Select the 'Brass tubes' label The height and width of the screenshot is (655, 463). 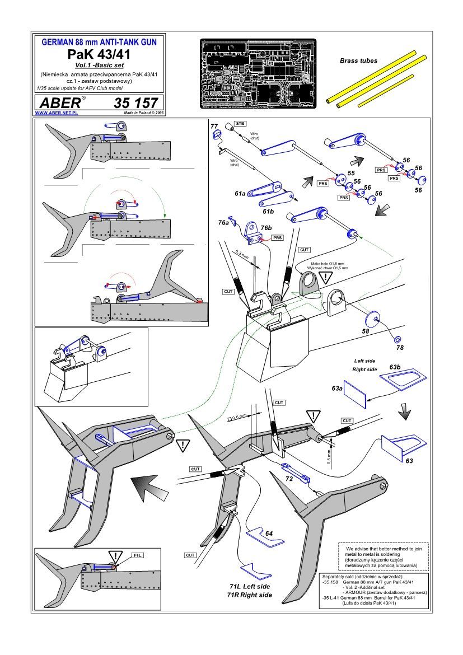point(358,60)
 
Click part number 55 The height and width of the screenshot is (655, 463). point(351,174)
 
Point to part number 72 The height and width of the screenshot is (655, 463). point(289,479)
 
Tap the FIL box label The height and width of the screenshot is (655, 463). point(137,555)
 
